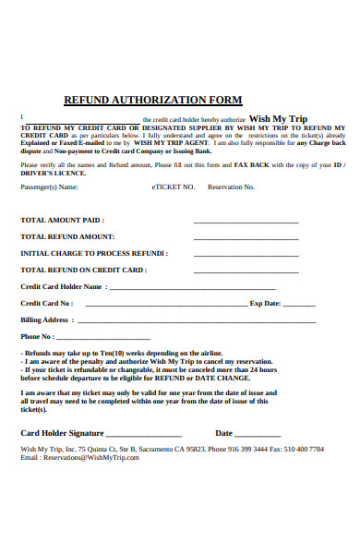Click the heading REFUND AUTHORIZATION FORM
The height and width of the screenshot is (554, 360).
(152, 100)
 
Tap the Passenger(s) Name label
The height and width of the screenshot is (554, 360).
(49, 187)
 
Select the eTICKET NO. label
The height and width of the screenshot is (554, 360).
(174, 187)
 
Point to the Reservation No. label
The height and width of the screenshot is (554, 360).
(231, 187)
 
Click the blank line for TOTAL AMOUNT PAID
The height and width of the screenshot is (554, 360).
(246, 223)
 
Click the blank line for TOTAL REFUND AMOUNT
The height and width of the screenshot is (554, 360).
(246, 238)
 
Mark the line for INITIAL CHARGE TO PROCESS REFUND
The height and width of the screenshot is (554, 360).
(246, 254)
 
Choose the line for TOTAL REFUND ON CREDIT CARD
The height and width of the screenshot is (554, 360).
(246, 271)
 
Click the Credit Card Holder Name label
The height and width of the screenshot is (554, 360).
(61, 287)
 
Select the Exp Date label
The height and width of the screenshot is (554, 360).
(265, 303)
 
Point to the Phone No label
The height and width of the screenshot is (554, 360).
(37, 336)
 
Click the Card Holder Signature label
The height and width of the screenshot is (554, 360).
(62, 432)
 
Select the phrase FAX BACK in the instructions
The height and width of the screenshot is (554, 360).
(252, 164)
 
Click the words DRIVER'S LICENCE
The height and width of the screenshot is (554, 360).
(51, 173)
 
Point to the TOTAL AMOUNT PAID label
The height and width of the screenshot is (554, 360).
(62, 221)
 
